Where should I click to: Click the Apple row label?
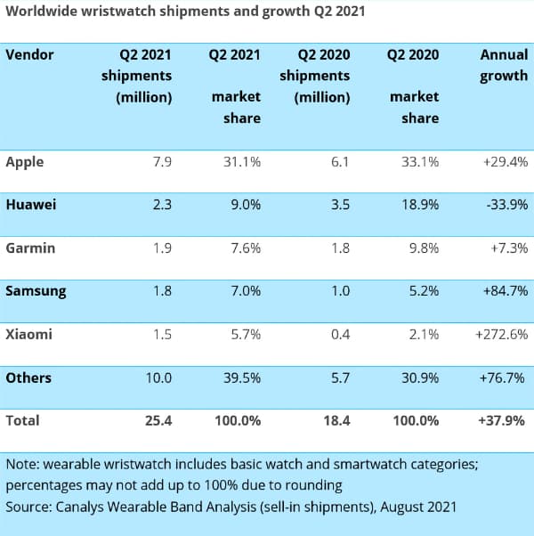25,162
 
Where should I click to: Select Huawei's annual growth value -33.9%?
505,205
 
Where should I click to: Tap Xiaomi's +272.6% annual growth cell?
501,334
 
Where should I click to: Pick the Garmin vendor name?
30,248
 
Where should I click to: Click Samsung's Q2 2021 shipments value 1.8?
162,291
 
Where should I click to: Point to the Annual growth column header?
503,65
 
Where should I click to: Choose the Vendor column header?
30,54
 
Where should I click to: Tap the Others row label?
28,378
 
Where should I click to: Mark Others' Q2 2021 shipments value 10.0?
158,378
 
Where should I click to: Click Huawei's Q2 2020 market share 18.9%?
419,205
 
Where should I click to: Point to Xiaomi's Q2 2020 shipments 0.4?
339,334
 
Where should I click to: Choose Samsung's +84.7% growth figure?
505,291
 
